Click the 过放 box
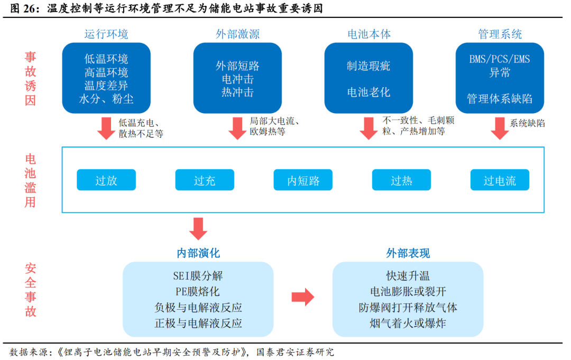pyautogui.click(x=106, y=180)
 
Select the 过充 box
pyautogui.click(x=205, y=180)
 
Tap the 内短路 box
pyautogui.click(x=303, y=180)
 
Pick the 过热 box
pyautogui.click(x=401, y=180)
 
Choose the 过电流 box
pyautogui.click(x=500, y=180)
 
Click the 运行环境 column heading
pyautogui.click(x=106, y=34)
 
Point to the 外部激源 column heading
pyautogui.click(x=237, y=34)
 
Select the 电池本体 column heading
pyautogui.click(x=369, y=34)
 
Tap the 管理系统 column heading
pyautogui.click(x=500, y=34)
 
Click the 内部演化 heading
pyautogui.click(x=198, y=253)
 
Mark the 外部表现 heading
pyautogui.click(x=408, y=253)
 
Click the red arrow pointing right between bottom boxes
pyautogui.click(x=303, y=297)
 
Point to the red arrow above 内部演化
pyautogui.click(x=198, y=228)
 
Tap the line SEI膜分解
pyautogui.click(x=198, y=275)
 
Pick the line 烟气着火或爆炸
pyautogui.click(x=408, y=323)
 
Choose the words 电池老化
pyautogui.click(x=369, y=92)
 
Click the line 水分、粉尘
pyautogui.click(x=106, y=99)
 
